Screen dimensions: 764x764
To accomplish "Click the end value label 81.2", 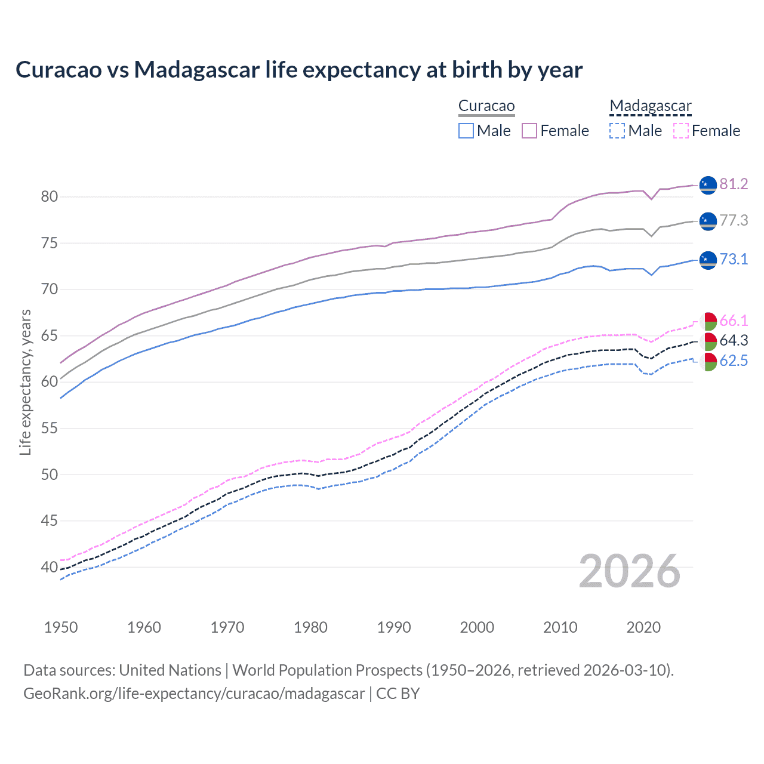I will [734, 184].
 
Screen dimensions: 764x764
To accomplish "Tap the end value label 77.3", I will [734, 221].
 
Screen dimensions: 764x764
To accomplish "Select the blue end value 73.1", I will [734, 259].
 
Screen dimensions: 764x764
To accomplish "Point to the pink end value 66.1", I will [734, 321].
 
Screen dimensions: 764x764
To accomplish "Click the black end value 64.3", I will [734, 341].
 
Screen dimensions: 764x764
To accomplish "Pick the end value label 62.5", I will [734, 361].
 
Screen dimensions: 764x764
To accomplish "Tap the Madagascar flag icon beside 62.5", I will [708, 362].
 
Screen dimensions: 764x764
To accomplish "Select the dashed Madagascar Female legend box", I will [680, 131].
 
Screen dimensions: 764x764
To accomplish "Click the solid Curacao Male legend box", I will [466, 131].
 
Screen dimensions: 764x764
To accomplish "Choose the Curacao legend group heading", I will [486, 106].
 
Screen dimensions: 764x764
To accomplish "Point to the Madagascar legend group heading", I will [650, 106].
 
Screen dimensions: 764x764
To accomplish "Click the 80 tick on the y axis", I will [50, 197].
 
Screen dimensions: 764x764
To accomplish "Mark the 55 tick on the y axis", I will [50, 429].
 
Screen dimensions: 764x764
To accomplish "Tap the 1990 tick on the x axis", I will [394, 627].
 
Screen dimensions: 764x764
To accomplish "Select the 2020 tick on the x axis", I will [643, 627].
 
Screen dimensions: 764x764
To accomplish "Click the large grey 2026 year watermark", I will [629, 572].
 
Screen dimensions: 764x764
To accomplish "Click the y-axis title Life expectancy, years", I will [25, 382].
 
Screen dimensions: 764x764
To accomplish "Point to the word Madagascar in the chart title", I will [197, 70].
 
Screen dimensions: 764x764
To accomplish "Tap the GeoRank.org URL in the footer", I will [194, 694].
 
